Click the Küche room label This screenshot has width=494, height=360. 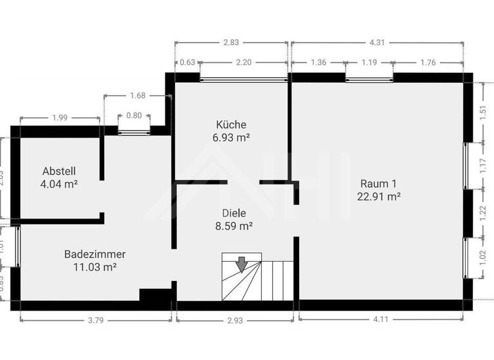tap(231, 125)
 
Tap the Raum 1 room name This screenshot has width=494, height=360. tap(379, 183)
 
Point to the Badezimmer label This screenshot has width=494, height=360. tap(95, 254)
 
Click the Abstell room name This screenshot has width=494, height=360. tap(59, 171)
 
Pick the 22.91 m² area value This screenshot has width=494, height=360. tap(379, 196)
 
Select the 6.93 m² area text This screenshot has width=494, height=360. tap(231, 138)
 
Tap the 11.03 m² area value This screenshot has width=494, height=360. tap(95, 267)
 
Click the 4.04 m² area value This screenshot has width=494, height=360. tap(59, 184)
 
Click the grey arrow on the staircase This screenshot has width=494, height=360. tap(242, 264)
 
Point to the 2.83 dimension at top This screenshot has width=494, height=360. tap(231, 43)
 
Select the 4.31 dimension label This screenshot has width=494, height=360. tap(377, 43)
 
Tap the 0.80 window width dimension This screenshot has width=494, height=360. tap(134, 116)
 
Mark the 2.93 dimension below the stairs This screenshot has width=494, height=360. tap(234, 319)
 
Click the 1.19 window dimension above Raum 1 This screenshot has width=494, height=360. tap(369, 63)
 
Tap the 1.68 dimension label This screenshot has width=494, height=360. tap(138, 95)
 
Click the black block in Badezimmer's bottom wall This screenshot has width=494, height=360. tap(155, 295)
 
